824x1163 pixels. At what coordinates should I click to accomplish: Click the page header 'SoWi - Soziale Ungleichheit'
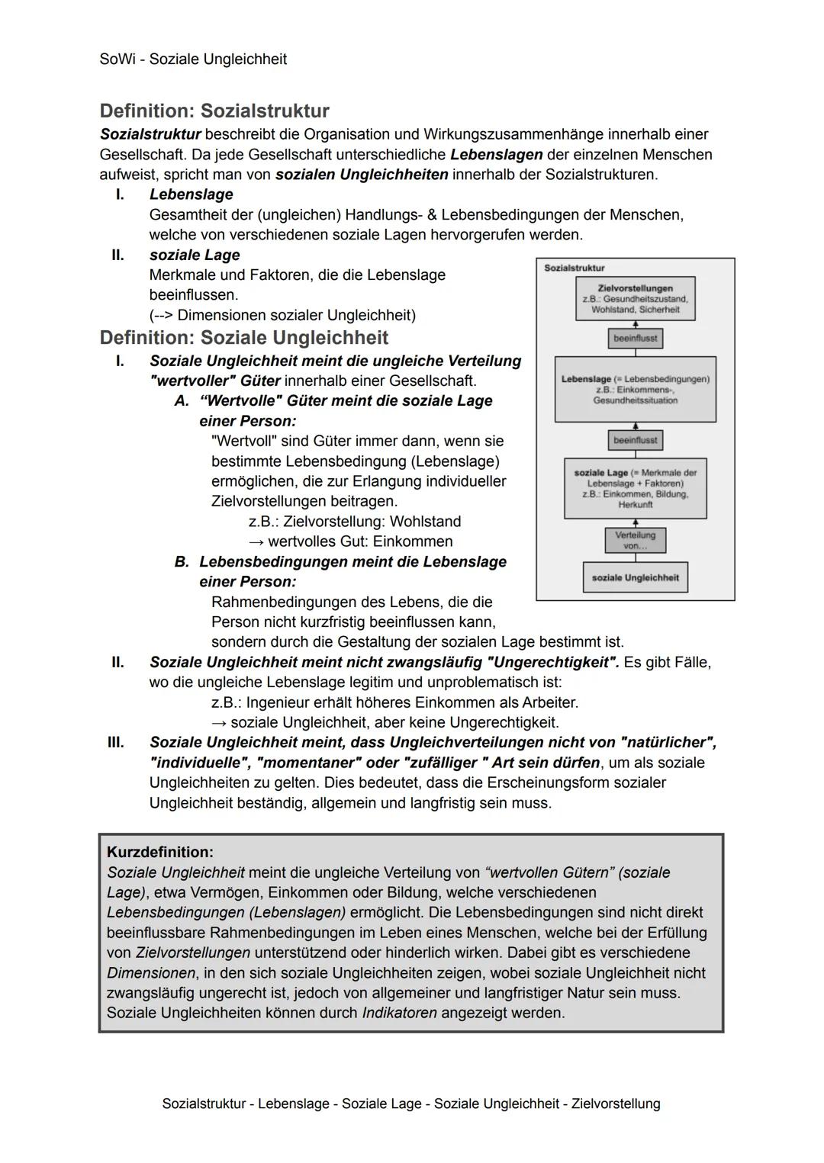[193, 59]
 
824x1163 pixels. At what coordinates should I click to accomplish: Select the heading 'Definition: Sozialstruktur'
[214, 111]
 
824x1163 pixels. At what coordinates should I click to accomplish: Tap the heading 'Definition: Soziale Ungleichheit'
[243, 337]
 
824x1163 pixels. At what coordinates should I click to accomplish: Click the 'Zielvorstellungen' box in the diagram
[635, 298]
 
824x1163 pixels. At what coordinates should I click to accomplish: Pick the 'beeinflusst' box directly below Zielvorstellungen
[635, 338]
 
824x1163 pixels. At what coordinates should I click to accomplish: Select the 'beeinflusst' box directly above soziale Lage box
[635, 440]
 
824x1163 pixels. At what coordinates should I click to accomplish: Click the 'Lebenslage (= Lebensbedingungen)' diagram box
[635, 389]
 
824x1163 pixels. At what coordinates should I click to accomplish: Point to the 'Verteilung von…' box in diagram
[635, 540]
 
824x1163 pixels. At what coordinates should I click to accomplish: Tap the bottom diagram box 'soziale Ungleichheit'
[635, 577]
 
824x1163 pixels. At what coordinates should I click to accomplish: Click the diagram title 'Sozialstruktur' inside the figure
[574, 268]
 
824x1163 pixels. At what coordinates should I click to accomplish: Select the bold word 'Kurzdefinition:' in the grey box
[160, 852]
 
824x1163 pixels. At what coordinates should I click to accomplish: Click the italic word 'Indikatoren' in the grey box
[399, 1013]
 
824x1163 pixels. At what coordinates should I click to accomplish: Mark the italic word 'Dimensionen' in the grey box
[151, 972]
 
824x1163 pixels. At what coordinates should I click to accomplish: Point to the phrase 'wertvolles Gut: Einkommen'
[360, 541]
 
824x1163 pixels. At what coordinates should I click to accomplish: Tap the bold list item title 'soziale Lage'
[195, 255]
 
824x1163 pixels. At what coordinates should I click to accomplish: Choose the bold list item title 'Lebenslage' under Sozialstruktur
[191, 194]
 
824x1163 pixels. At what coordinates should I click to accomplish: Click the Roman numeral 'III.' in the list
[115, 742]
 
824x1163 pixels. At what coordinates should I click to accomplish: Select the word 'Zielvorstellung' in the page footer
[616, 1104]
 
